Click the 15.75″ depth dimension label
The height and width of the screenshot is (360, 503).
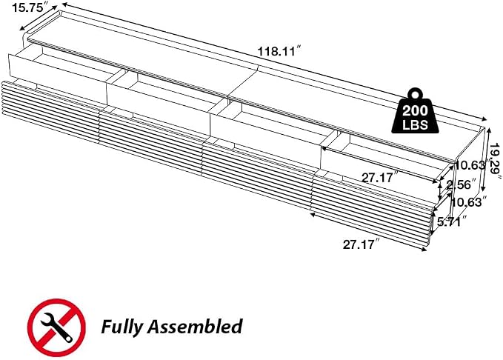pyautogui.click(x=28, y=7)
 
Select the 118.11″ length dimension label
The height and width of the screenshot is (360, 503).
pyautogui.click(x=280, y=51)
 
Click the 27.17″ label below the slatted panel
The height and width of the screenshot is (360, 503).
pyautogui.click(x=359, y=244)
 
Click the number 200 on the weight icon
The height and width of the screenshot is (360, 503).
pyautogui.click(x=415, y=111)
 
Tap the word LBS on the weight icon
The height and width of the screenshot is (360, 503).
pyautogui.click(x=415, y=124)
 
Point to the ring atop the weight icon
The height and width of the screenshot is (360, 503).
pyautogui.click(x=415, y=94)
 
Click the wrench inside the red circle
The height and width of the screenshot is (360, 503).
pyautogui.click(x=56, y=327)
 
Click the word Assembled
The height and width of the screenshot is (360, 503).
pyautogui.click(x=195, y=326)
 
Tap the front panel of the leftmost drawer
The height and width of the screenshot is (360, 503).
pyautogui.click(x=58, y=78)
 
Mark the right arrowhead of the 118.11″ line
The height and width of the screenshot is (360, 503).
pyautogui.click(x=484, y=119)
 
